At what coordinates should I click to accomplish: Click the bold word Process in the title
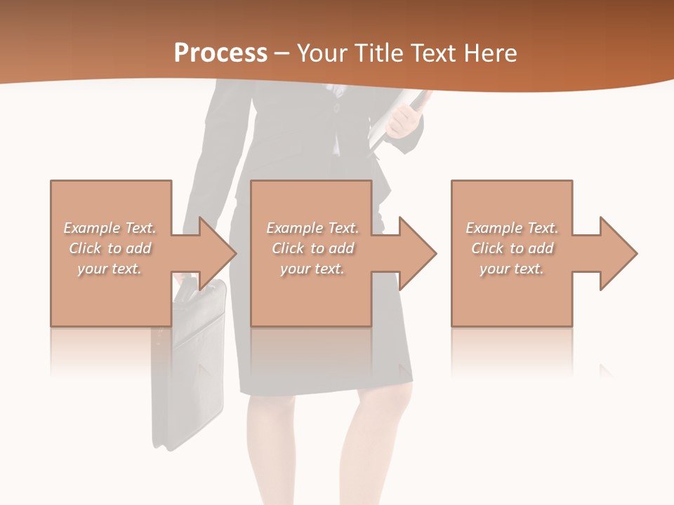[x=220, y=53]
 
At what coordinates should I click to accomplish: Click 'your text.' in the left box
[x=110, y=269]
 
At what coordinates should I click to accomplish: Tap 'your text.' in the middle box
[x=312, y=269]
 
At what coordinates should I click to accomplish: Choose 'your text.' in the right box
[x=512, y=269]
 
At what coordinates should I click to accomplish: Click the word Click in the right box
[x=487, y=248]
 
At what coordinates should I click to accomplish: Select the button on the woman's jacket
[x=336, y=108]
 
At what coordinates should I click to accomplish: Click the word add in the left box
[x=139, y=248]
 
